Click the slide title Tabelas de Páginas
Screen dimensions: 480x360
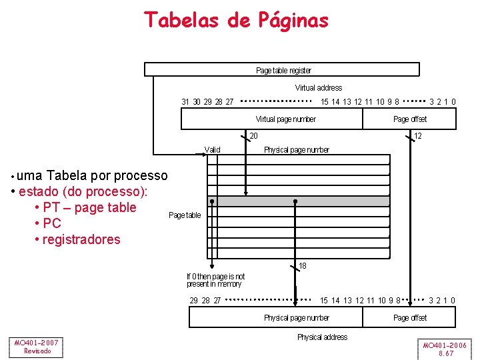coord(237,20)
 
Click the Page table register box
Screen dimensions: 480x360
coord(283,70)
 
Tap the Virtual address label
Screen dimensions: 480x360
coord(318,87)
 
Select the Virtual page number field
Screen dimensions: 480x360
coord(285,119)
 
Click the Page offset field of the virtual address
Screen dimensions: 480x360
coord(409,119)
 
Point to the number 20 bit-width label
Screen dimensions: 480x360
coord(253,136)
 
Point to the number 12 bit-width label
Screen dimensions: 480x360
coord(417,136)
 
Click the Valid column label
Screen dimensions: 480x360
coord(212,150)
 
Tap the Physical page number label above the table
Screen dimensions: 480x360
coord(296,150)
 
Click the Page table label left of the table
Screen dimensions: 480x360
coord(185,215)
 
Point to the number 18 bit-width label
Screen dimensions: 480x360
coord(303,266)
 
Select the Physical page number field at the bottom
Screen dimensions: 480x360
coord(296,318)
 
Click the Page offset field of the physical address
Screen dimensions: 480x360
coord(409,318)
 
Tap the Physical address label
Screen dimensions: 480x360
coord(322,337)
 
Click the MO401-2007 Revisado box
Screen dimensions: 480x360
coord(37,347)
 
